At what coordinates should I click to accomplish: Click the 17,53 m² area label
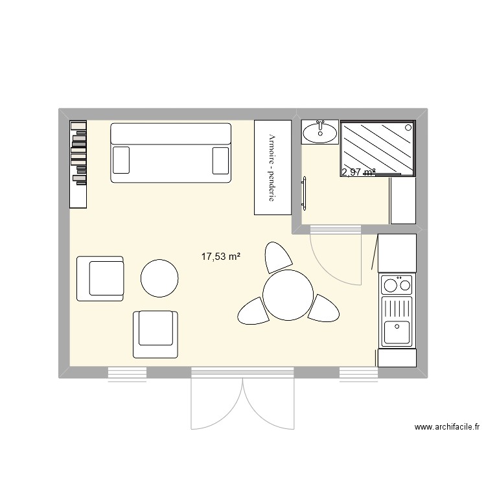(x=221, y=257)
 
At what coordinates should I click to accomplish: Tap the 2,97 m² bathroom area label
(x=358, y=172)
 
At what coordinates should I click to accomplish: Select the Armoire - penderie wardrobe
(x=272, y=167)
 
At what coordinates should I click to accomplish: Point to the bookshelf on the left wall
(x=78, y=163)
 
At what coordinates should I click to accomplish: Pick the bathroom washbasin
(x=319, y=132)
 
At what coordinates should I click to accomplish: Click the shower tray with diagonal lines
(x=378, y=147)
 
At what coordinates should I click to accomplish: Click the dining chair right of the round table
(x=324, y=307)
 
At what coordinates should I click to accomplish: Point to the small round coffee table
(x=159, y=278)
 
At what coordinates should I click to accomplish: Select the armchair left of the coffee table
(x=100, y=279)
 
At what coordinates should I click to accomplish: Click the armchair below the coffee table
(x=155, y=334)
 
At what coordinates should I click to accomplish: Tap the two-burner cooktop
(x=397, y=284)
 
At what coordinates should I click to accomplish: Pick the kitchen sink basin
(x=396, y=332)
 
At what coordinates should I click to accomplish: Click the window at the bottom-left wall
(x=126, y=373)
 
